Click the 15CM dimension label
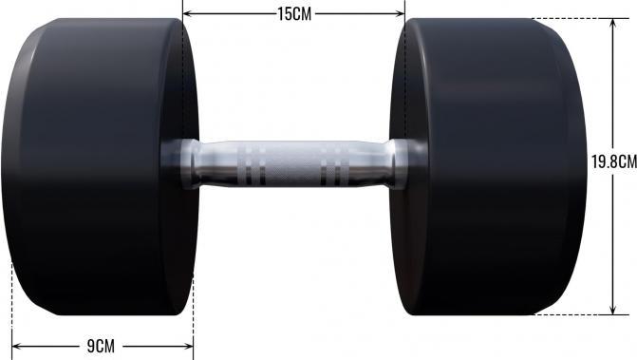pos(293,13)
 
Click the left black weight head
pos(95,166)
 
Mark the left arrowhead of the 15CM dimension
pos(186,13)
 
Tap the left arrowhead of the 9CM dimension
pos(16,346)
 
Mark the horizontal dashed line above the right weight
pos(570,18)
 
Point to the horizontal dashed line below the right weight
pos(570,314)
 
